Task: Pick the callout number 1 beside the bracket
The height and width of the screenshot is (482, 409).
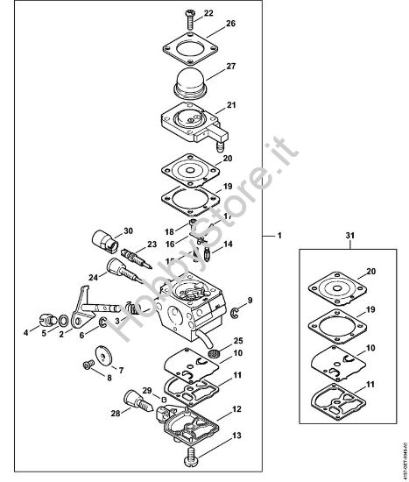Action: pos(279,237)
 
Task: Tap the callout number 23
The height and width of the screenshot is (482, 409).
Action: pos(152,245)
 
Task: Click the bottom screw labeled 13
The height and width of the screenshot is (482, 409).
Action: pos(192,455)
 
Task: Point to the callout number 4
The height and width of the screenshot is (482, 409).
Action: pos(25,333)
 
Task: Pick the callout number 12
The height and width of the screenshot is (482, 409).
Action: pos(236,409)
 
